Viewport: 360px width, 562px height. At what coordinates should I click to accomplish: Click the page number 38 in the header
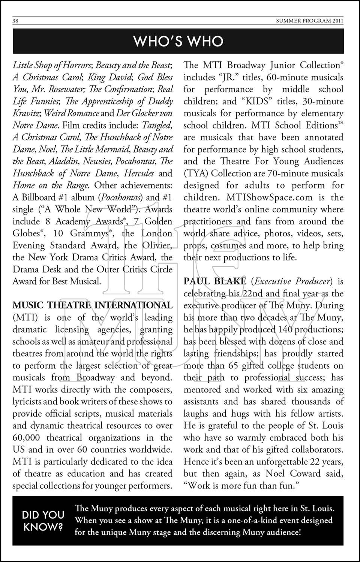[15, 21]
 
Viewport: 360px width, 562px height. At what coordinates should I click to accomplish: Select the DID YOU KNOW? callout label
[43, 520]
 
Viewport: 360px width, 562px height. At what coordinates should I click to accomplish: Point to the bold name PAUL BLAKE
[215, 281]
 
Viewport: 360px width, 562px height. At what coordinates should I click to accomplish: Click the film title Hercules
[139, 173]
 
